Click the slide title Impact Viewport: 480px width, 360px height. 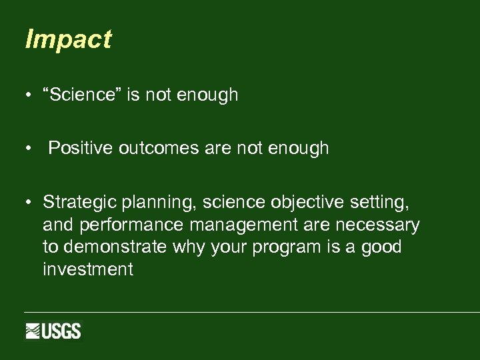pos(68,40)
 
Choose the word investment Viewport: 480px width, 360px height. pos(87,269)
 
